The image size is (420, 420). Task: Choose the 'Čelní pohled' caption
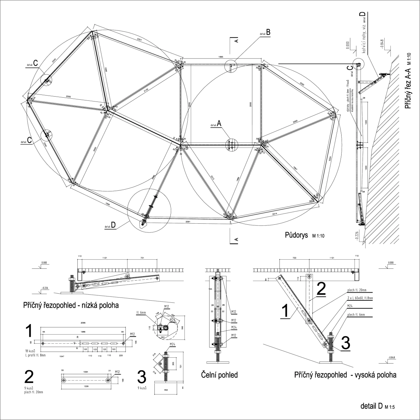[x=219, y=375]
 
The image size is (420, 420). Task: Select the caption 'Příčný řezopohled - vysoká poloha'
[x=345, y=375]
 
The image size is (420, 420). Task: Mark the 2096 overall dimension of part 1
[x=83, y=323]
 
